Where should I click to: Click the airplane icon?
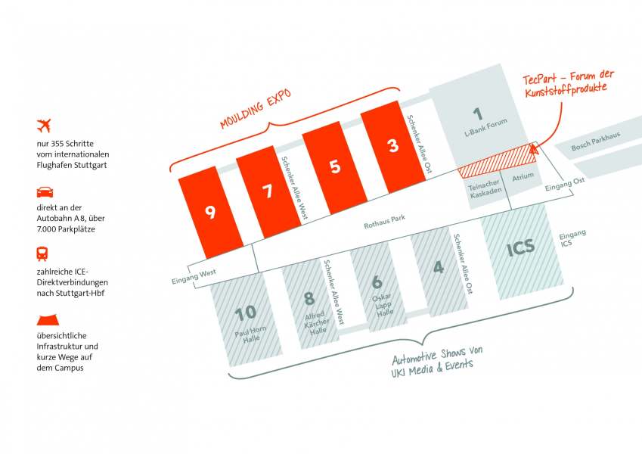click(46, 124)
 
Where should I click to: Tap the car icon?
click(45, 191)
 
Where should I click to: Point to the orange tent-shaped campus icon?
click(45, 322)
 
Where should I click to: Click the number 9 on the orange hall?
click(210, 212)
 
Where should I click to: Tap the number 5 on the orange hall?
click(336, 167)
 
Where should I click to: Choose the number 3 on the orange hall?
click(392, 146)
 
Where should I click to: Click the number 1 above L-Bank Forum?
click(477, 114)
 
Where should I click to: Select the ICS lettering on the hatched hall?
click(520, 247)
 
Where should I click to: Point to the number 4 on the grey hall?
click(439, 267)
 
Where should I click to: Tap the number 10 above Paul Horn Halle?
click(245, 313)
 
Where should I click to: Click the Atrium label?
click(523, 176)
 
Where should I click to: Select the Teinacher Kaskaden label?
click(485, 189)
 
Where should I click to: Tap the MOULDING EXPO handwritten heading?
click(256, 111)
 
